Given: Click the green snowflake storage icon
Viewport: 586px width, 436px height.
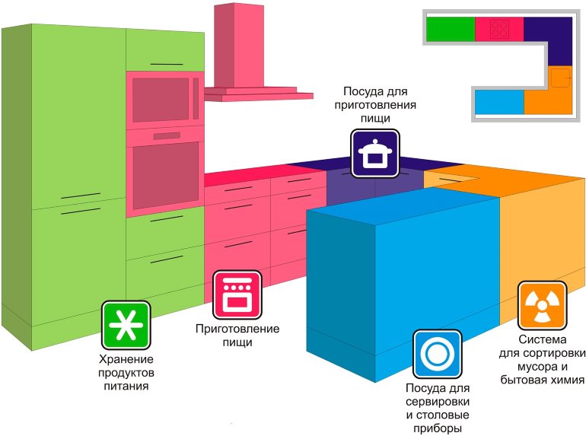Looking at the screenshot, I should (126, 325).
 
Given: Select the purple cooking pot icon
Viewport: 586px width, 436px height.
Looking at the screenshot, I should (374, 153).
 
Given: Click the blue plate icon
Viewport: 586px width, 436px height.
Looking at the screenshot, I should (437, 354).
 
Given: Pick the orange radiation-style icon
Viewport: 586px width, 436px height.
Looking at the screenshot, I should (541, 305).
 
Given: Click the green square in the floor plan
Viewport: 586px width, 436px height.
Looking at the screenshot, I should (450, 29).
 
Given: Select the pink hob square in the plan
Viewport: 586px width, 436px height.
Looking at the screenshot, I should (499, 29).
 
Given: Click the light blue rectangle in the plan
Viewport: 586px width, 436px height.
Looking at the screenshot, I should (498, 102).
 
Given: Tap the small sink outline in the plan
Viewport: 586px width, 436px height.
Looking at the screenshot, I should (560, 78).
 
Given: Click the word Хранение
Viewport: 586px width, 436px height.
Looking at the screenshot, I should (126, 359).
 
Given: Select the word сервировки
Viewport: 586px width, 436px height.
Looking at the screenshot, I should (438, 401).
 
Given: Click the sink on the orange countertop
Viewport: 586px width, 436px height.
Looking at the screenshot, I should (455, 177).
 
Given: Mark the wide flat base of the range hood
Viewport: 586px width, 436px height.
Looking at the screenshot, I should (259, 94).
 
